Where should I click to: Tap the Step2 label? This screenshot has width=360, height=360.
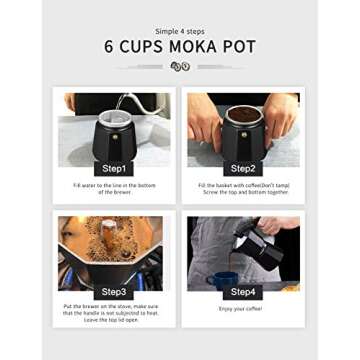243,168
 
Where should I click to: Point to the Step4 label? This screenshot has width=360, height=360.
243,291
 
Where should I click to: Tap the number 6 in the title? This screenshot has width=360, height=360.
109,47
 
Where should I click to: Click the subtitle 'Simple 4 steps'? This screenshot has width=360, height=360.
180,31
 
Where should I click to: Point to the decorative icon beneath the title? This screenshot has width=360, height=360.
180,66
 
